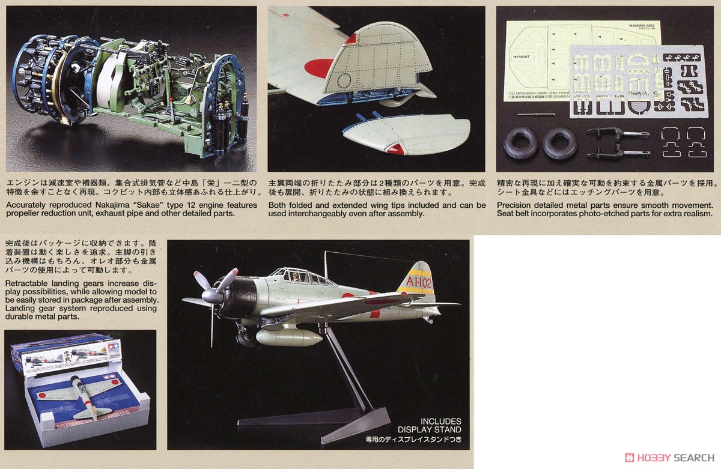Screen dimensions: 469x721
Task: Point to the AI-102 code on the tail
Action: click(x=419, y=280)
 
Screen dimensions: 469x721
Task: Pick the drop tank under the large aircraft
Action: click(x=290, y=337)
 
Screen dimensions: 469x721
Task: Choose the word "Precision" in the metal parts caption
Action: click(x=517, y=205)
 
